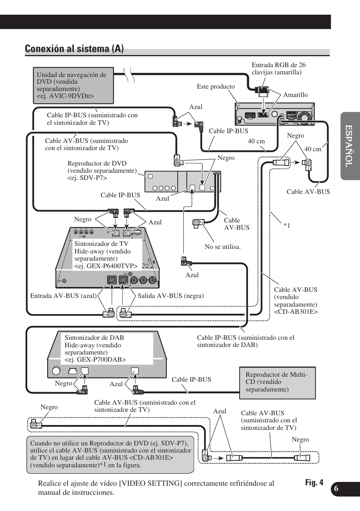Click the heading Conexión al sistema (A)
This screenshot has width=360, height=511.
(74, 49)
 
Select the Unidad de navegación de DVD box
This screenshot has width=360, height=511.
(73, 86)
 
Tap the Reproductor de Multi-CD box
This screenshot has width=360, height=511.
(277, 382)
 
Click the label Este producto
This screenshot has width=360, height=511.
(215, 87)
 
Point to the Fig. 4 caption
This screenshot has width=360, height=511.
(314, 483)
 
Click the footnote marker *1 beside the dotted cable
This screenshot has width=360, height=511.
(287, 226)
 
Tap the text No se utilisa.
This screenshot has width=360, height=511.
(222, 247)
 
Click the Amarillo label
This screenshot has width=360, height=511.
(295, 95)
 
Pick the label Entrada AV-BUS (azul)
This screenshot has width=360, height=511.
(63, 296)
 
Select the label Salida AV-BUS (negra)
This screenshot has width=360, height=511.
(171, 296)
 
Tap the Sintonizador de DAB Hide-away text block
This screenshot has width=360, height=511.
(95, 348)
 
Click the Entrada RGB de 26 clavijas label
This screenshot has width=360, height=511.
(278, 69)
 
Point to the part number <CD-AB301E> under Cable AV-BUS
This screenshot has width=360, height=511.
(295, 312)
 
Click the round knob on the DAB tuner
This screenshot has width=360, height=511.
(56, 371)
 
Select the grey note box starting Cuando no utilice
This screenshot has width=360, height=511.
(110, 454)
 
